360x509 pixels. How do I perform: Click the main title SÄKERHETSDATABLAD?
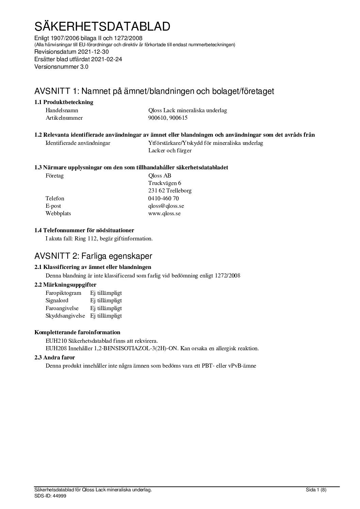coord(102,26)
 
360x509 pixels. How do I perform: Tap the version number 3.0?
coord(84,67)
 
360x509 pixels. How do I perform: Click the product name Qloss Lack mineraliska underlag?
coord(187,111)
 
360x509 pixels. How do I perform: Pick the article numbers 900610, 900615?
coord(168,118)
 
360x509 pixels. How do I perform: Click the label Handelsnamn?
coord(62,111)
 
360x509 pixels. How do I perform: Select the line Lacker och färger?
coord(170,151)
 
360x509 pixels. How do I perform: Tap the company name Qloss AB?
coord(160,176)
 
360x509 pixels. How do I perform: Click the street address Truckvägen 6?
coord(164,183)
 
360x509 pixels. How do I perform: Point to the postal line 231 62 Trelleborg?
coord(170,191)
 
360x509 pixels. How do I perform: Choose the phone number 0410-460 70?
coord(163,199)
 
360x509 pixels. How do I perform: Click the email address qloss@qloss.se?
coord(166,206)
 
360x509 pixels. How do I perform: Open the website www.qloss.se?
coord(164,214)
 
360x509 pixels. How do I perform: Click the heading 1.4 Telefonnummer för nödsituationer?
coord(84,231)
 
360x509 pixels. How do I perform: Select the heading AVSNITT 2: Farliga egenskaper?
coord(93,256)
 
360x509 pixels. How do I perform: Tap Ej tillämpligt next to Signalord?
coord(106,301)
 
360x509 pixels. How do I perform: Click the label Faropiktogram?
coord(63,293)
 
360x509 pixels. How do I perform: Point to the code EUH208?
coord(56,349)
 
